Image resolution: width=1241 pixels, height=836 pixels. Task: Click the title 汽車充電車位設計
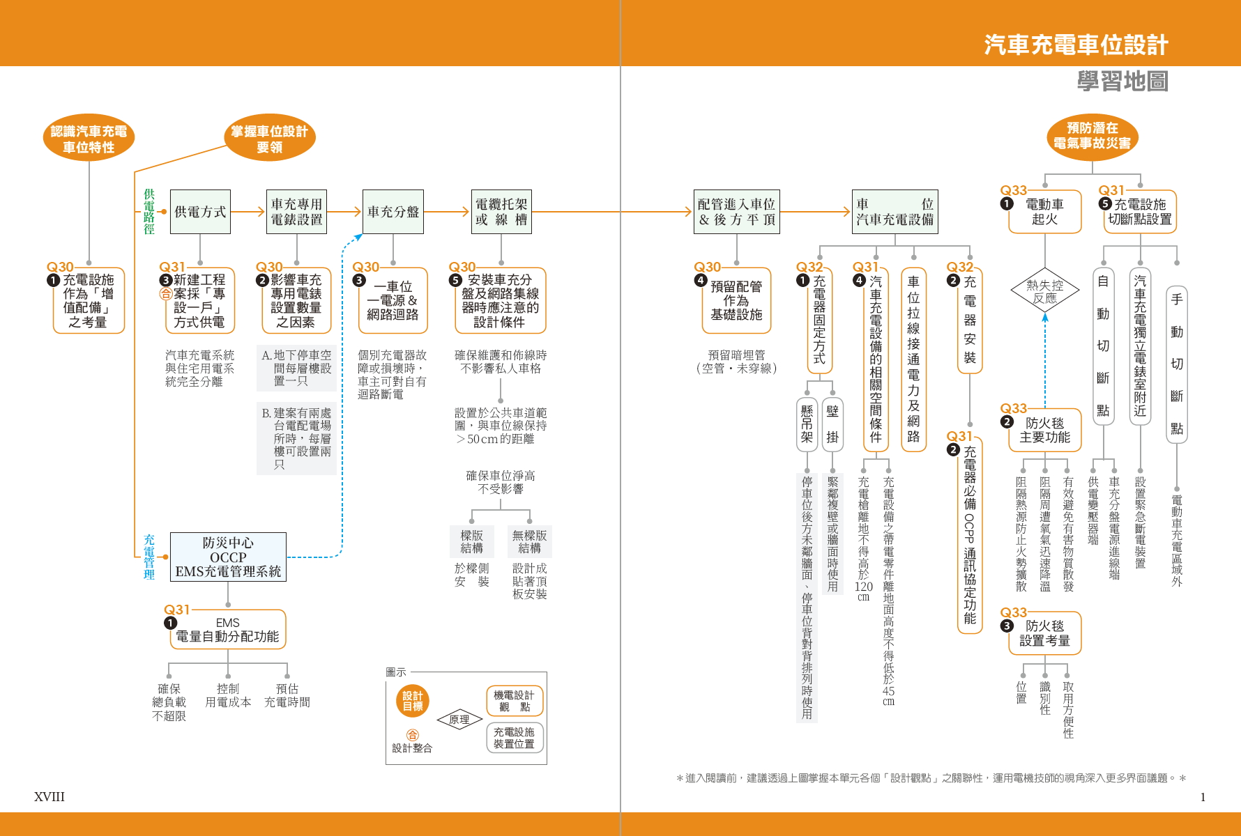coord(1076,45)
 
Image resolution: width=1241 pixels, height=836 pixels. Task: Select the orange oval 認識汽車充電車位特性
coord(89,139)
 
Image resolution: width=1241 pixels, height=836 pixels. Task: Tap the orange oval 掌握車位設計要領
coord(269,139)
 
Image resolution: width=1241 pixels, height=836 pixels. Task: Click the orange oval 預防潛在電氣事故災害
coord(1092,136)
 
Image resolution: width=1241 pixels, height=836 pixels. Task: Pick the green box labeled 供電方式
coord(200,212)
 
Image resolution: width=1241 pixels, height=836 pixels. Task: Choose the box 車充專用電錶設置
coord(296,212)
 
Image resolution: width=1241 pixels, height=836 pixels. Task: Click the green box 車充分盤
coord(393,212)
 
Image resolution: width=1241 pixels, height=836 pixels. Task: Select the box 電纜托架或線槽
coord(501,212)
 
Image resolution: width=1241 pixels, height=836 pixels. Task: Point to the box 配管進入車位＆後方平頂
coord(736,212)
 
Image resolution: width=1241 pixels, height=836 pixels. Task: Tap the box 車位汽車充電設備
coord(894,212)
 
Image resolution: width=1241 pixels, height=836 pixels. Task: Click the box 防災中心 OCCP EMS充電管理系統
coord(228,557)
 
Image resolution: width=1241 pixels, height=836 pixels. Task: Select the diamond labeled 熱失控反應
coord(1044,291)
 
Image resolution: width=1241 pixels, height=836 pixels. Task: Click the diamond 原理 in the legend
coord(459,720)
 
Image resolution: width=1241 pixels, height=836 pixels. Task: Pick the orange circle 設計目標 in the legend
coord(412,701)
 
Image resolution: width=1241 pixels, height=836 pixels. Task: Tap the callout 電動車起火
coord(1044,212)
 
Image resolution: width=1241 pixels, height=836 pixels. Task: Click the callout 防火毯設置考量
coord(1044,633)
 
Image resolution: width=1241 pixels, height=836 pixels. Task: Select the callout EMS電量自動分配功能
coord(227,630)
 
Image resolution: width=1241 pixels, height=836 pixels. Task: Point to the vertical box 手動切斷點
coord(1176,364)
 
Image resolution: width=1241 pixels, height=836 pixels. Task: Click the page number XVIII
coord(50,797)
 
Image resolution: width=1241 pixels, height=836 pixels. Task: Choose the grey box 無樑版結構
coord(529,541)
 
